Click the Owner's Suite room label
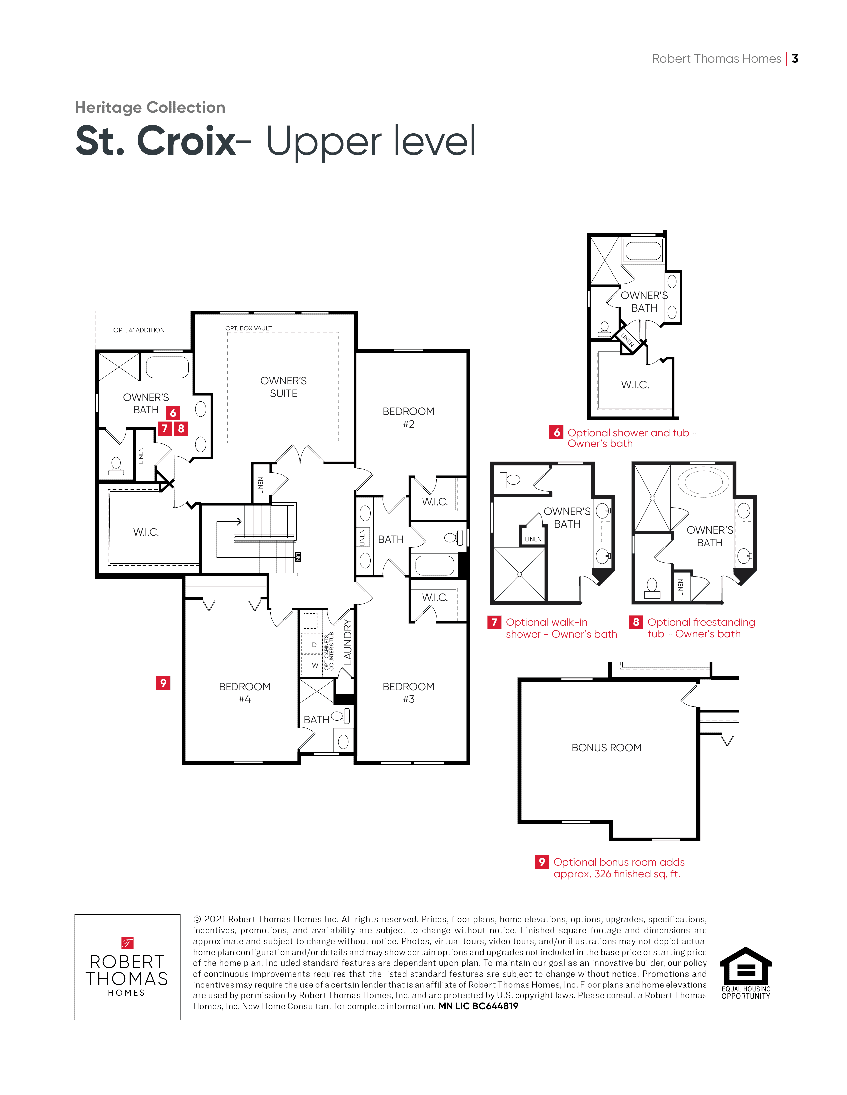(x=284, y=387)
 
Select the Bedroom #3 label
(x=409, y=693)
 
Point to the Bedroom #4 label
(x=244, y=693)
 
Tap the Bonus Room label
(x=607, y=748)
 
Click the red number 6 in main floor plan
(x=173, y=413)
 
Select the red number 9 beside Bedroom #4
(x=163, y=683)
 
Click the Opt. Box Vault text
(x=248, y=328)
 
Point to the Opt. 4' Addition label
(x=139, y=330)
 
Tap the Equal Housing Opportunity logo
(x=746, y=973)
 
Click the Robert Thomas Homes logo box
(x=128, y=967)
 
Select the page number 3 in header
(x=795, y=59)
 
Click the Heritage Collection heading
(x=150, y=107)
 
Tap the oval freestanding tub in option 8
(x=704, y=482)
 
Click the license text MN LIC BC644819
(x=478, y=1006)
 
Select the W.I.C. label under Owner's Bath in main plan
(x=146, y=532)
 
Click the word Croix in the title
(x=186, y=141)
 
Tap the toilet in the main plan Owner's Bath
(x=116, y=466)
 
